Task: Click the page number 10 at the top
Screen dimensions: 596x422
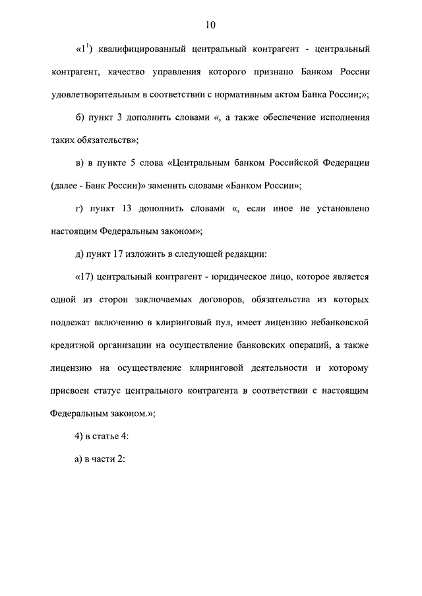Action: pos(210,25)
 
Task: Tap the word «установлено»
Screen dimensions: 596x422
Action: pos(340,208)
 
